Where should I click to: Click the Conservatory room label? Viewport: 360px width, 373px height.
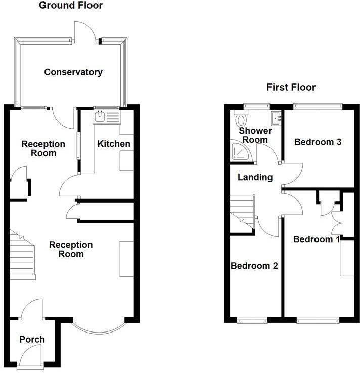(73, 72)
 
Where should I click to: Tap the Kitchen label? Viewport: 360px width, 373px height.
(114, 144)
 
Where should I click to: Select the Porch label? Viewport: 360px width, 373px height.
(32, 339)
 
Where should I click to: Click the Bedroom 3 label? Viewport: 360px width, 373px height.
(318, 142)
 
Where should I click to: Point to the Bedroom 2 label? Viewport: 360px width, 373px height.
(254, 265)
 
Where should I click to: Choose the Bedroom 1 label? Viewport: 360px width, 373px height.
(317, 239)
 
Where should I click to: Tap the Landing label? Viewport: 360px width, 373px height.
(255, 177)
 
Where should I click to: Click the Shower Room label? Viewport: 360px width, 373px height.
(255, 135)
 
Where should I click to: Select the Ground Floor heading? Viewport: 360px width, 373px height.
(71, 6)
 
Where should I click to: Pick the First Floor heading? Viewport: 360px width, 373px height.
(291, 87)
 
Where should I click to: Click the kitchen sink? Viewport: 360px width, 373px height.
(106, 117)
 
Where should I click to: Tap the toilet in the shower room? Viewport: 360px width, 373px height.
(241, 120)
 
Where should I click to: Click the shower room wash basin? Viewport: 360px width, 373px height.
(276, 118)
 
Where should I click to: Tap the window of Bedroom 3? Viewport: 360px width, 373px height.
(318, 106)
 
